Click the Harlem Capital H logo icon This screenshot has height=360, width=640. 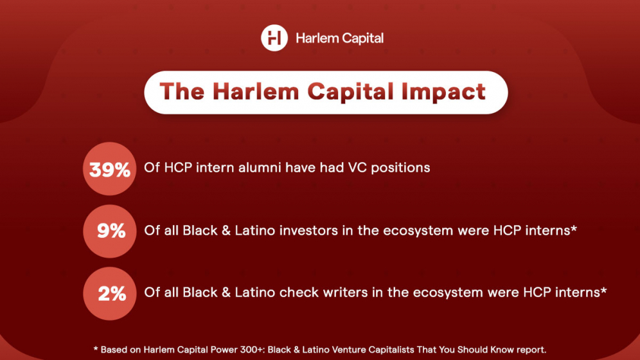274,38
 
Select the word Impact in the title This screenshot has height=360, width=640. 443,91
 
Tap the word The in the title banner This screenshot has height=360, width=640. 182,91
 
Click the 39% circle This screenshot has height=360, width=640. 110,169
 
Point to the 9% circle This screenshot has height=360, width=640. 110,231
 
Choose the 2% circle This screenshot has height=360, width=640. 110,293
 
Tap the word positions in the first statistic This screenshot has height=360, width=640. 400,167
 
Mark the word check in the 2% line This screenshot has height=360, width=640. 298,292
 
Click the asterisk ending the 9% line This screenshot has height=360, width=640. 573,228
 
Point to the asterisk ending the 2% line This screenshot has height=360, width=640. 603,290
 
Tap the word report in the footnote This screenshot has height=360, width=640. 531,349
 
